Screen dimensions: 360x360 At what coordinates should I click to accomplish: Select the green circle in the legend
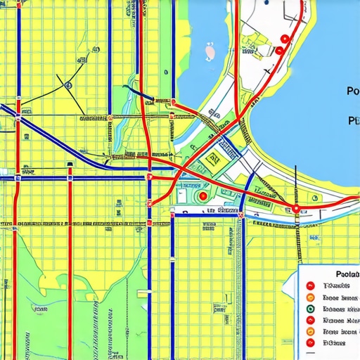[x=310, y=308]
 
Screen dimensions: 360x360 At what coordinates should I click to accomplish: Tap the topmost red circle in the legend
[x=310, y=285]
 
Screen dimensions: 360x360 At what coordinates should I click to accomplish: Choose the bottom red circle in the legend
[x=310, y=342]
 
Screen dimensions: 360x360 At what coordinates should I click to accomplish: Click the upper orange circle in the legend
[x=310, y=297]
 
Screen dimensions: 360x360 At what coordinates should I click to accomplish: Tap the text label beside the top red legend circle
[x=335, y=285]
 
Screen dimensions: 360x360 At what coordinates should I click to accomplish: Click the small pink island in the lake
[x=210, y=51]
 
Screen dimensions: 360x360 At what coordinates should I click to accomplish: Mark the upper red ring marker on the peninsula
[x=284, y=39]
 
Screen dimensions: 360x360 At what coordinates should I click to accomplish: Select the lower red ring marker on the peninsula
[x=279, y=51]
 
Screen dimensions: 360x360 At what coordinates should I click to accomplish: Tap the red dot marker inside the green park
[x=203, y=196]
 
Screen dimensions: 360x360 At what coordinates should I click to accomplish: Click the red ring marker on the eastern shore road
[x=296, y=208]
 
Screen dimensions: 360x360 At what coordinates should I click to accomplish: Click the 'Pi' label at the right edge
[x=354, y=120]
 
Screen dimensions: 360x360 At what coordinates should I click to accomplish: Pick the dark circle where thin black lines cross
[x=68, y=85]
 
